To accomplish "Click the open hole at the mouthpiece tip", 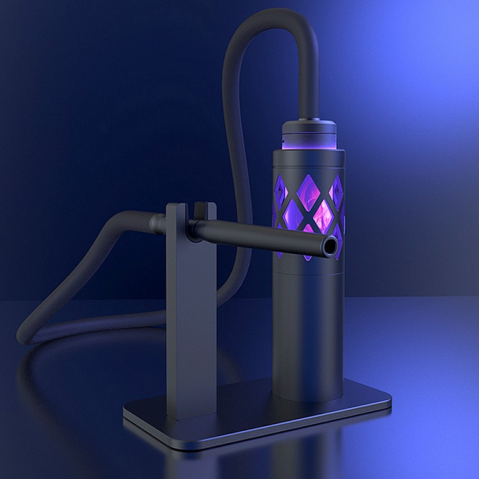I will (x=327, y=248).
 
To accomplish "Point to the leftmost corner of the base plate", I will (x=125, y=415).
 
